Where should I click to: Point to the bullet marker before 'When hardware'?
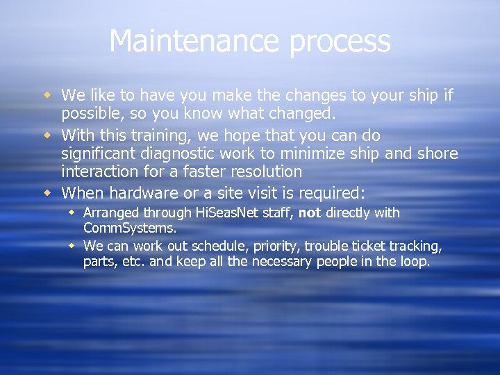click(49, 191)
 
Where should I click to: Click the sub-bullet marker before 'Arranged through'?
click(72, 212)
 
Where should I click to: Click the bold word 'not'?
click(310, 212)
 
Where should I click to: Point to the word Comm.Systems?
click(129, 228)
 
